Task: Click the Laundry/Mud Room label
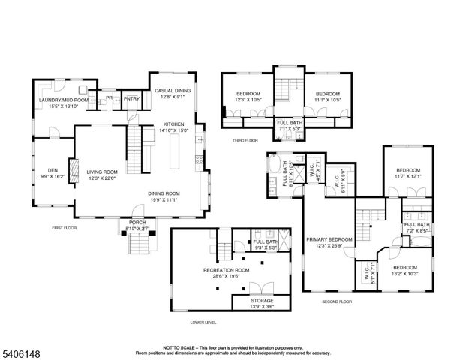[x=64, y=100]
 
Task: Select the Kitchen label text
[x=173, y=124]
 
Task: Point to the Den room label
[x=53, y=169]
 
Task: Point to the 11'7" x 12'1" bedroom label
[x=408, y=171]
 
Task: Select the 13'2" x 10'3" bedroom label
[x=405, y=268]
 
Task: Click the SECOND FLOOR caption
[x=337, y=301]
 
